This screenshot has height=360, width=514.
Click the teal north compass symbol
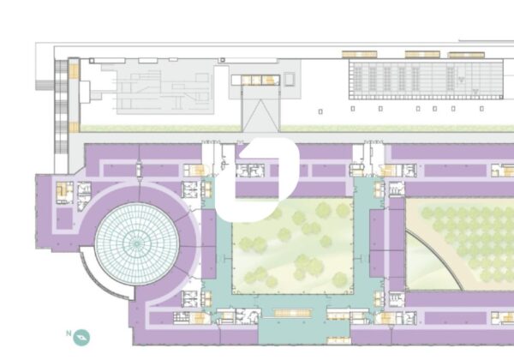tap(81, 338)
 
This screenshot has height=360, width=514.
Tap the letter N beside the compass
tap(69, 333)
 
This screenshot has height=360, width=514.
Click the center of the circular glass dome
tap(137, 243)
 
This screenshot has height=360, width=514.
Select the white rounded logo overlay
tap(257, 180)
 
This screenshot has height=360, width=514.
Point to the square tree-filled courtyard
tap(293, 246)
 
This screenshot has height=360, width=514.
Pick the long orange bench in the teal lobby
tap(292, 313)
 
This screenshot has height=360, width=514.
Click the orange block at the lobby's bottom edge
tap(339, 340)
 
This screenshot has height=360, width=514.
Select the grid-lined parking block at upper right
tap(426, 80)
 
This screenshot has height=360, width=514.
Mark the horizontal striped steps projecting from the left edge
tap(45, 85)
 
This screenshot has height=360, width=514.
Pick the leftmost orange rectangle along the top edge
tap(359, 54)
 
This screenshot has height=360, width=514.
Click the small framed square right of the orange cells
tap(290, 80)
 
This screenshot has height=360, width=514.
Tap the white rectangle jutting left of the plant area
tap(85, 92)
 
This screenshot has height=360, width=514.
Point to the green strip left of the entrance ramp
tap(161, 129)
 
